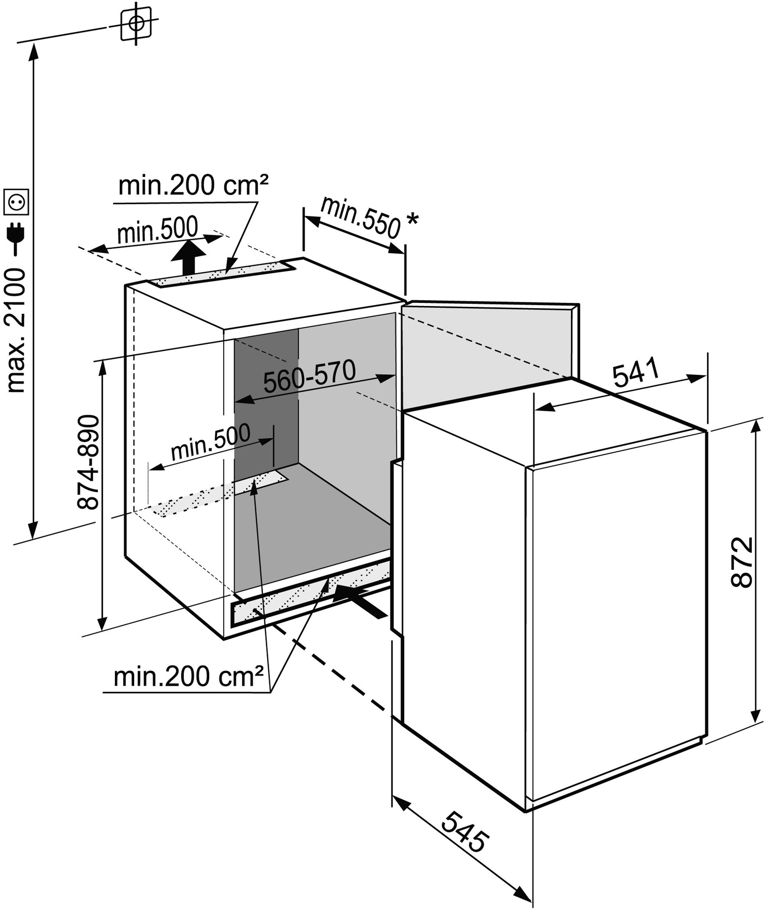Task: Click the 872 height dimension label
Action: (742, 562)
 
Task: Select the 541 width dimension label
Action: (636, 372)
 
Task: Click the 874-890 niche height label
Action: (88, 462)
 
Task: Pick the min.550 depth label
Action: (360, 218)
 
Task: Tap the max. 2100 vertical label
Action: (17, 331)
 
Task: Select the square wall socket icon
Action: (17, 202)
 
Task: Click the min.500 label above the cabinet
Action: (158, 230)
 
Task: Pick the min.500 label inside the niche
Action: (210, 441)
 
